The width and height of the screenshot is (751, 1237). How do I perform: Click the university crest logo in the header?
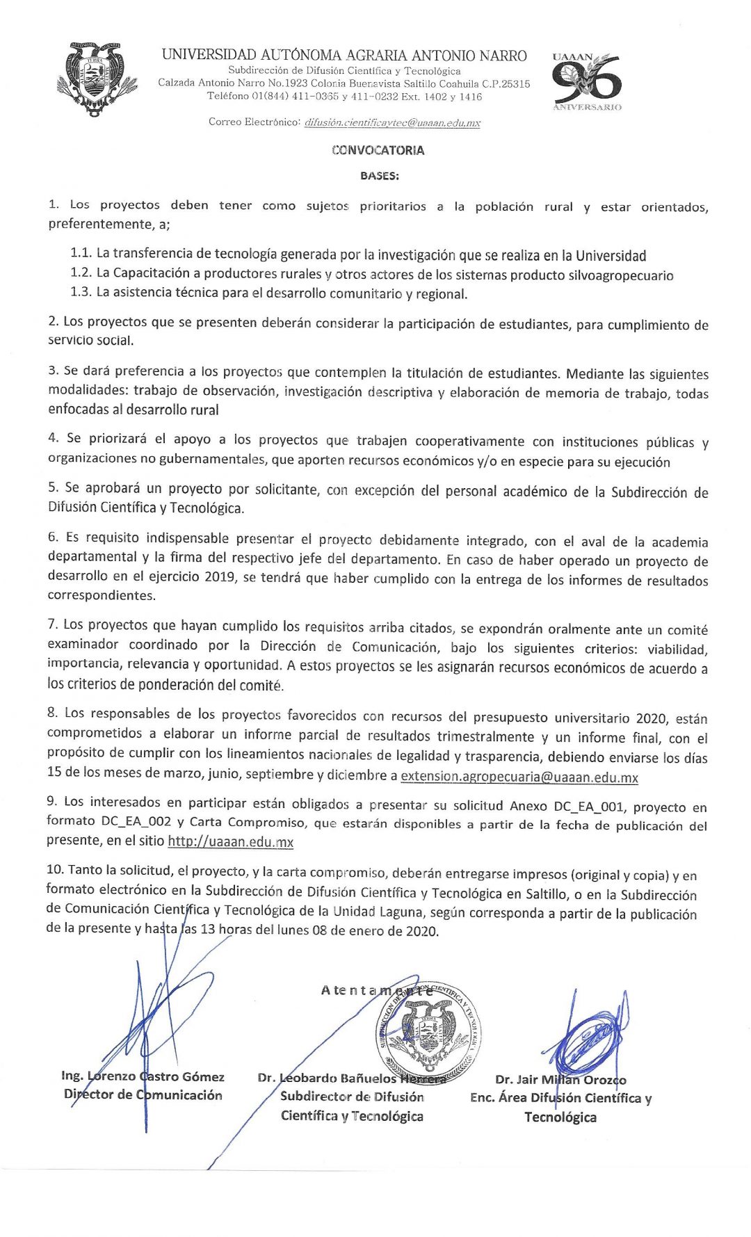tap(97, 79)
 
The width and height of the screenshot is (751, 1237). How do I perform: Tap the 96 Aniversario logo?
tap(586, 82)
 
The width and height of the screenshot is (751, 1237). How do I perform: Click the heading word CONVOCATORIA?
tap(378, 150)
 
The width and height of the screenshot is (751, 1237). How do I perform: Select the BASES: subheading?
tap(380, 176)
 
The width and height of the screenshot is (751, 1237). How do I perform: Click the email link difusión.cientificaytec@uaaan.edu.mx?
tap(392, 123)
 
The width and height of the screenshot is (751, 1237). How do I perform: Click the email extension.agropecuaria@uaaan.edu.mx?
tap(519, 777)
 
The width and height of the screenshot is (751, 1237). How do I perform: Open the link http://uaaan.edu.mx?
tap(230, 842)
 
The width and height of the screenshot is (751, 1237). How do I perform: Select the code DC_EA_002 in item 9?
tap(136, 821)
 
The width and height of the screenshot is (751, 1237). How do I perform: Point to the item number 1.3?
tap(81, 292)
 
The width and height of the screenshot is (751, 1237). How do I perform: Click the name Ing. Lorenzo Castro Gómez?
tap(143, 1076)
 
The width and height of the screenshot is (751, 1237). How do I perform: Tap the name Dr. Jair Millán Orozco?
tap(560, 1080)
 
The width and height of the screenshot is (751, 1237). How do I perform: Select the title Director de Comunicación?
tap(143, 1095)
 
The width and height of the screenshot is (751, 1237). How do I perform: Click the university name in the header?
tap(344, 56)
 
